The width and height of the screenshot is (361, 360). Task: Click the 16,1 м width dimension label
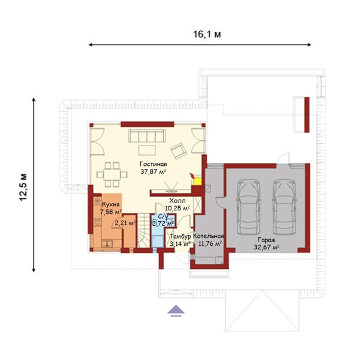(207, 34)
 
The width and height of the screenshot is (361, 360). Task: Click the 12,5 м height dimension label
(23, 187)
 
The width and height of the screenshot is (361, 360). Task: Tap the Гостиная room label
(153, 164)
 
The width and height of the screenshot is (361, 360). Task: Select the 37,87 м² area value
(153, 172)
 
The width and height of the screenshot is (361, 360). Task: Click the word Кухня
(111, 204)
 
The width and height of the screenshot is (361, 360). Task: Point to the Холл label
(177, 201)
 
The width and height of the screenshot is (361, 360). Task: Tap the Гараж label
(267, 240)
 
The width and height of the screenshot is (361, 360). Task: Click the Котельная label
(208, 236)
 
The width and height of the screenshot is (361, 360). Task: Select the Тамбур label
(180, 236)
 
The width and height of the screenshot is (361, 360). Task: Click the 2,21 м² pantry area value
(125, 223)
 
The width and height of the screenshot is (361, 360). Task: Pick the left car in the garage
(248, 207)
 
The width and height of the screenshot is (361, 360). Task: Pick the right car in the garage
(285, 207)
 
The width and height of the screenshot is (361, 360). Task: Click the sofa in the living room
(147, 136)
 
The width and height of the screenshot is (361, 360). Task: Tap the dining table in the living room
(112, 174)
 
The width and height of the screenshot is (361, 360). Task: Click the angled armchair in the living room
(179, 151)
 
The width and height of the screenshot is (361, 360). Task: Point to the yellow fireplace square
(197, 181)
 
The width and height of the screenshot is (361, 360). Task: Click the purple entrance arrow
(176, 311)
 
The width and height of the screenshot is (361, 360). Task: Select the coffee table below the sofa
(147, 150)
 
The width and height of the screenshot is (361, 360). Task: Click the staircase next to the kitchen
(144, 231)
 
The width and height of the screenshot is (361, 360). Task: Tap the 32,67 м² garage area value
(267, 247)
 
